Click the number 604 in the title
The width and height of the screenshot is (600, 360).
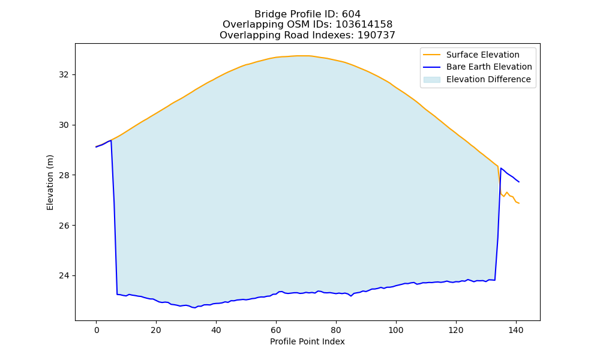[351, 14]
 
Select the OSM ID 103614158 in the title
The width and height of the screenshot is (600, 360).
[364, 25]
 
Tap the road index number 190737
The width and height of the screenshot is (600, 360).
[376, 35]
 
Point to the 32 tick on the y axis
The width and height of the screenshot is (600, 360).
[64, 74]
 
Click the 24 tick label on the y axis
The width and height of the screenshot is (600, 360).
[64, 276]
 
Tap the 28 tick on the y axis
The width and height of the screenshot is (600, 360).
[64, 175]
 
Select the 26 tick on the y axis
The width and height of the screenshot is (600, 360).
[64, 226]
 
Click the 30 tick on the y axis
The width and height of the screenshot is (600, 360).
[64, 125]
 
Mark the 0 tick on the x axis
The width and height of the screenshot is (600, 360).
[97, 330]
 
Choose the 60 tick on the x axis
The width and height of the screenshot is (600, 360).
[276, 330]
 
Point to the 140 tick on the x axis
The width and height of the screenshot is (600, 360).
[516, 330]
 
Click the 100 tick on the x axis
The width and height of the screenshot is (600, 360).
[396, 330]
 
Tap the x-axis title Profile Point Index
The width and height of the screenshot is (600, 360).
[307, 341]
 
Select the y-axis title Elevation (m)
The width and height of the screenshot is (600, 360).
[50, 182]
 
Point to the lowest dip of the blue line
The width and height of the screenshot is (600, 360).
[195, 308]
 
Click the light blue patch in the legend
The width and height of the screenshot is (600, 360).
[431, 80]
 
